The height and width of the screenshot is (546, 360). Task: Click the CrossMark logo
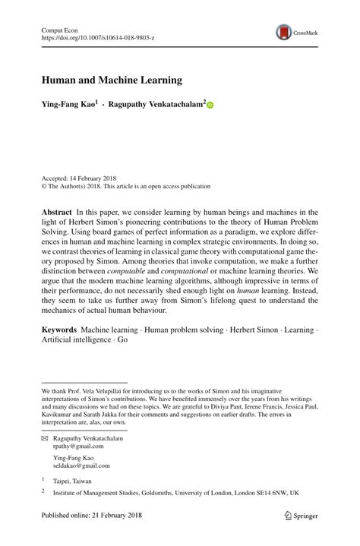click(293, 31)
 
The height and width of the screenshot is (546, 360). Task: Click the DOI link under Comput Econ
click(96, 36)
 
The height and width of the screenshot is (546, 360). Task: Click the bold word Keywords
click(59, 330)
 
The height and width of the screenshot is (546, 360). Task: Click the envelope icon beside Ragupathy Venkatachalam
click(44, 439)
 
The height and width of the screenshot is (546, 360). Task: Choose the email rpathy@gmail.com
click(81, 448)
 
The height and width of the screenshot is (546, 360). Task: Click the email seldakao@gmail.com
click(82, 466)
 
